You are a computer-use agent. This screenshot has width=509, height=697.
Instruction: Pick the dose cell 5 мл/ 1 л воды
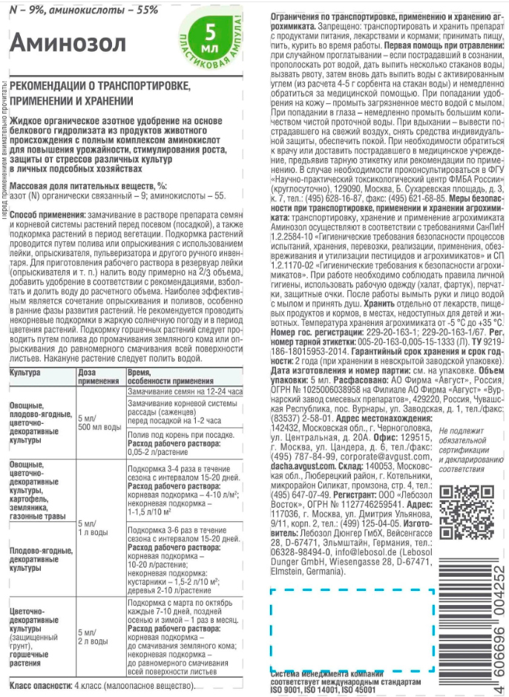coord(96,528)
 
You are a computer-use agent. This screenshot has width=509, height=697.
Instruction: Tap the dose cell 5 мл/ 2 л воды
coord(96,637)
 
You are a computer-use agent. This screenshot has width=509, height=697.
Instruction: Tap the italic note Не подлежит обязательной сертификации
coord(466,450)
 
